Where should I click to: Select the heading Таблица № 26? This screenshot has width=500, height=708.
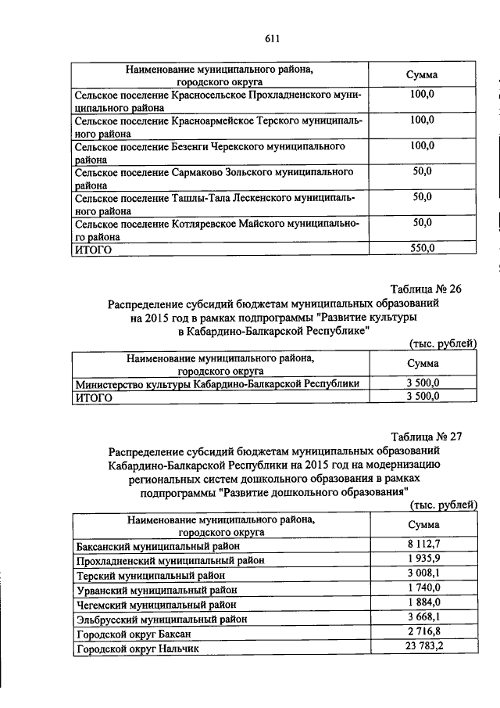(x=427, y=289)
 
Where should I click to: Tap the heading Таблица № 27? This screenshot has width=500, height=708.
(x=427, y=437)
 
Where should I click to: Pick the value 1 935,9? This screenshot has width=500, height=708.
(x=423, y=559)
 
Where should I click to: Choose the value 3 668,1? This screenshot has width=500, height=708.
(x=423, y=617)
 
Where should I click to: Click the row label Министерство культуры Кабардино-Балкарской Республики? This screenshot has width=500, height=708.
(x=217, y=383)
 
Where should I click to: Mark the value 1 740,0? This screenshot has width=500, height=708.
(x=423, y=588)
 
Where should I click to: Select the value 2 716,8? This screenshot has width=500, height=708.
(x=423, y=632)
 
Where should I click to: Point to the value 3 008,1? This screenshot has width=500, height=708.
(x=423, y=573)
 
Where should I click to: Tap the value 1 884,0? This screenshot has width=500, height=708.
(x=423, y=602)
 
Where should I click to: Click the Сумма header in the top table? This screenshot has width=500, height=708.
(x=422, y=74)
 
